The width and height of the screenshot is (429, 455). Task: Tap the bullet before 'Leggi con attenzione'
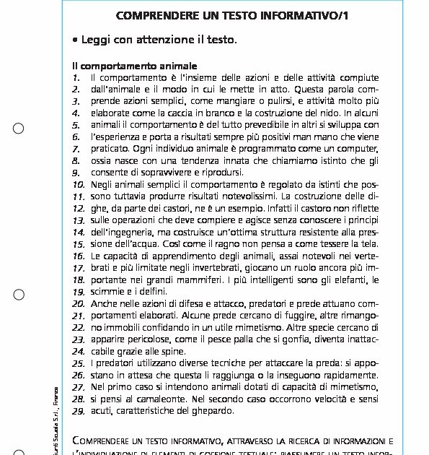(75, 40)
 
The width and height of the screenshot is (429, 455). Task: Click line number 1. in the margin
(76, 77)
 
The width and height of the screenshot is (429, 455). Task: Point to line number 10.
(79, 184)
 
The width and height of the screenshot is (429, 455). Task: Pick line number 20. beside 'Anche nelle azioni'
(79, 304)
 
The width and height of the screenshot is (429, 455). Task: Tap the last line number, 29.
(79, 411)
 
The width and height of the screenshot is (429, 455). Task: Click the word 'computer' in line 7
(356, 148)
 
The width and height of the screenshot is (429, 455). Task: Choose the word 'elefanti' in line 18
(349, 279)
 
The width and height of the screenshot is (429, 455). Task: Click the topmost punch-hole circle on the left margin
(19, 129)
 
